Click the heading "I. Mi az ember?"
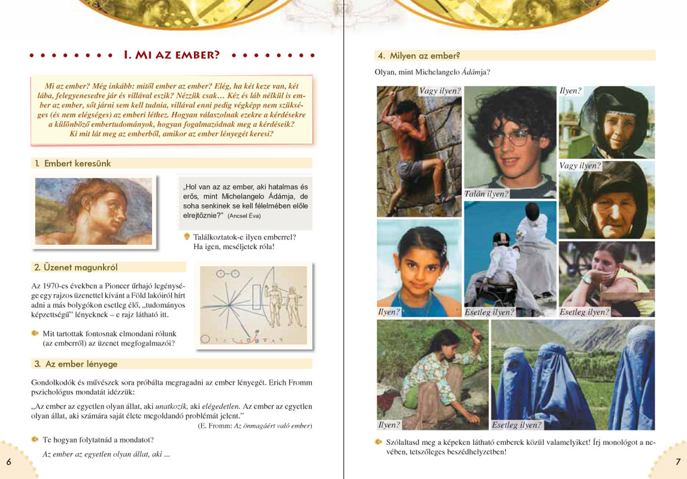(x=171, y=55)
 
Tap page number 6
(x=8, y=462)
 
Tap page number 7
(x=678, y=462)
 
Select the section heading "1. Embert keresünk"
(x=77, y=163)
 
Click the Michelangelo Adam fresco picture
(x=93, y=211)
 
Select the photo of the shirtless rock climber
(x=418, y=150)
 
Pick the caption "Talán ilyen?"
(x=486, y=194)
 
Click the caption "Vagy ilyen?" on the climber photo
(x=440, y=91)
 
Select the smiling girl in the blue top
(x=418, y=268)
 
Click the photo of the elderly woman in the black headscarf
(x=606, y=201)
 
